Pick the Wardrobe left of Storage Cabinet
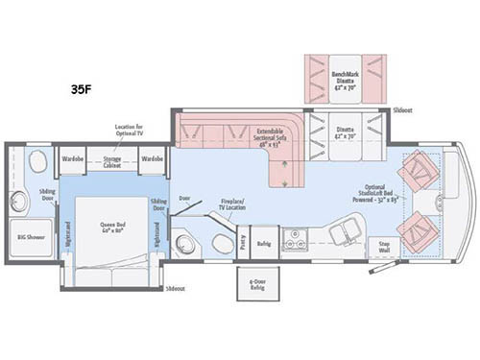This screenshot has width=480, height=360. coord(75,156)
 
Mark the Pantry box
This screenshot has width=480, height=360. coord(245,246)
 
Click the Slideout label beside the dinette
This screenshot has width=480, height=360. coord(404,111)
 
